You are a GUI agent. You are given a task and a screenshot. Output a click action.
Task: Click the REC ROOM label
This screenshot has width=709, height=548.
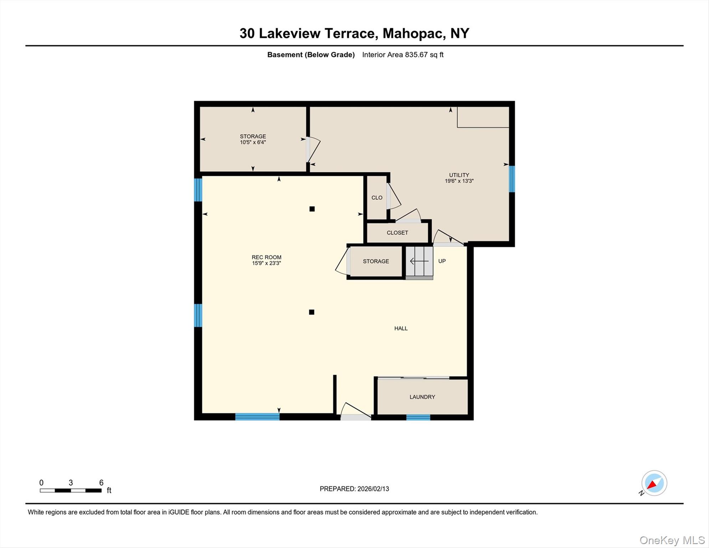(266, 257)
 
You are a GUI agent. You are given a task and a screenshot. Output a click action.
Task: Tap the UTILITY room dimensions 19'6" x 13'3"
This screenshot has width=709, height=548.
(459, 181)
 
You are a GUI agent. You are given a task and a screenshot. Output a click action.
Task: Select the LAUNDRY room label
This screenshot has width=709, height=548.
(422, 397)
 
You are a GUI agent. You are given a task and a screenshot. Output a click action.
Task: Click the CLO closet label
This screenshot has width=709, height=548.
(377, 198)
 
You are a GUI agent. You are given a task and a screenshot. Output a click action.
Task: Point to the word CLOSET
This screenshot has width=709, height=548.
(397, 233)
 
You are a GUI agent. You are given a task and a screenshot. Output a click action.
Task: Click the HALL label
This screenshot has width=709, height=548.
(401, 328)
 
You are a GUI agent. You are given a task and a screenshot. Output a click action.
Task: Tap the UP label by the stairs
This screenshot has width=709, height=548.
(442, 261)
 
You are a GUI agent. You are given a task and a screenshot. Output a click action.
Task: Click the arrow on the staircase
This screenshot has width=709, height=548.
(419, 262)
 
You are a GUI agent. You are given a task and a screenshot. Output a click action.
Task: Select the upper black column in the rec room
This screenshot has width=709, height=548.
(312, 209)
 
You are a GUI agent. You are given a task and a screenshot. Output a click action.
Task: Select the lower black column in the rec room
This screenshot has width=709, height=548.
(312, 312)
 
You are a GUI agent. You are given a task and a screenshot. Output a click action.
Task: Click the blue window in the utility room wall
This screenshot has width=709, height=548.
(512, 179)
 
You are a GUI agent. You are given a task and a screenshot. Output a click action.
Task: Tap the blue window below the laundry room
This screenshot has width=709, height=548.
(418, 417)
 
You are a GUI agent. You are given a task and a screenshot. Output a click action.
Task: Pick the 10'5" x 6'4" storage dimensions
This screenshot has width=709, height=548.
(253, 142)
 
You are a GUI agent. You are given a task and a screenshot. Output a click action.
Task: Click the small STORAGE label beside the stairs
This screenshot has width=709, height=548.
(376, 261)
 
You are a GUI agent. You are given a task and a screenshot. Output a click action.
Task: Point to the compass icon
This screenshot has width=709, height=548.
(654, 483)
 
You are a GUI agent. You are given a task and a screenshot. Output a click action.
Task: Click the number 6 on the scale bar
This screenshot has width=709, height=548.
(101, 483)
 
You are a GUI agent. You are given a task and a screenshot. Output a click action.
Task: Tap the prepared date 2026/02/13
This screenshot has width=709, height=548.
(373, 489)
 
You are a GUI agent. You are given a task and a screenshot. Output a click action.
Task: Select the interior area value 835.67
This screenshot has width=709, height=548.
(416, 55)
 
